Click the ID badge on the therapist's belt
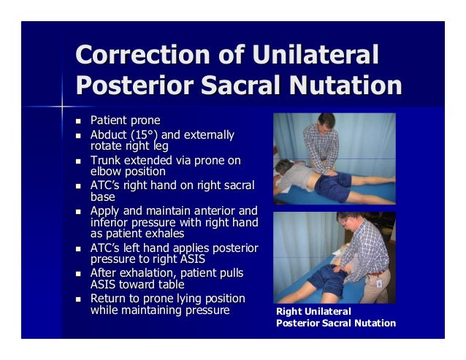point(378,281)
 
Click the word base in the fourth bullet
point(103,196)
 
